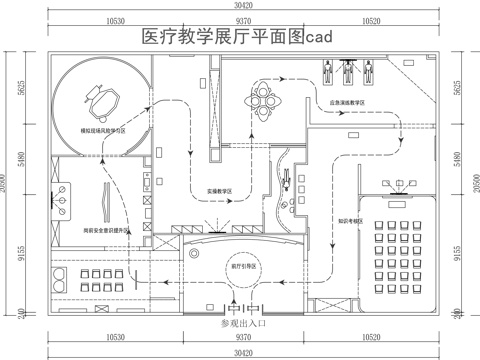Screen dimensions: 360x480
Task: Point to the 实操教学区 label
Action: point(220,190)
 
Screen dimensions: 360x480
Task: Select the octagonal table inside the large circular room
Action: point(102,97)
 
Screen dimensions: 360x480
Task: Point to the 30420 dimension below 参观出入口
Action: point(240,352)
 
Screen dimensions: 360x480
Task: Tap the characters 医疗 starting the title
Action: point(159,37)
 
